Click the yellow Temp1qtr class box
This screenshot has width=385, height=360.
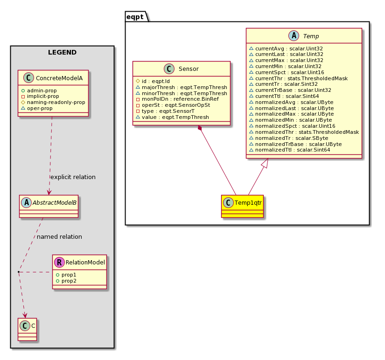pyautogui.click(x=242, y=206)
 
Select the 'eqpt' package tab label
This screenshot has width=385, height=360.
pyautogui.click(x=135, y=17)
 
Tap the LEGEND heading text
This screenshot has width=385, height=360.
pyautogui.click(x=63, y=52)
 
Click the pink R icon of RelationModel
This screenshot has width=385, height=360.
pyautogui.click(x=59, y=263)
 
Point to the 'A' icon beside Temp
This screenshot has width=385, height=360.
pyautogui.click(x=294, y=36)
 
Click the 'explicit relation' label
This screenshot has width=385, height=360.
pyautogui.click(x=73, y=177)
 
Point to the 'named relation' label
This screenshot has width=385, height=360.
pyautogui.click(x=59, y=236)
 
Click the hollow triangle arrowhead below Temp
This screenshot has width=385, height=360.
pyautogui.click(x=265, y=163)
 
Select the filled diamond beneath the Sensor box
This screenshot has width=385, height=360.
pyautogui.click(x=200, y=128)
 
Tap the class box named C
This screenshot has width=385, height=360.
pyautogui.click(x=27, y=329)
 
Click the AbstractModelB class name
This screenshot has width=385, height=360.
pyautogui.click(x=54, y=203)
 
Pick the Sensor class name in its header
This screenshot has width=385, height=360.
pyautogui.click(x=189, y=69)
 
